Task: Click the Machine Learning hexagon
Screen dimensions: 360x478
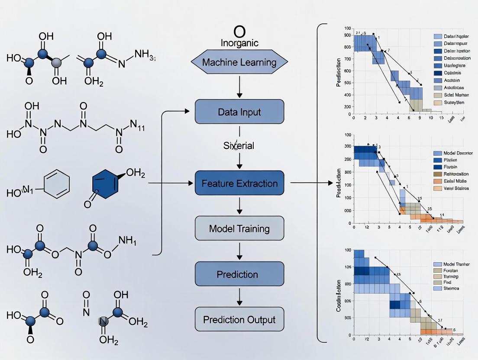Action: click(239, 62)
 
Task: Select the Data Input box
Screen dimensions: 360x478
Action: click(239, 112)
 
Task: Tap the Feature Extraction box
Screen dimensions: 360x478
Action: click(239, 183)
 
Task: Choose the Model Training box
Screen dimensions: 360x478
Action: click(239, 228)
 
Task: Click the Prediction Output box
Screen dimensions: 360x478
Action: click(239, 320)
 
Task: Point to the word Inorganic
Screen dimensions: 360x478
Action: click(239, 43)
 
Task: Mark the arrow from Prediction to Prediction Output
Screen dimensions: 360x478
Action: click(239, 297)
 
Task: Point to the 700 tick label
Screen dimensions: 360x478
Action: click(348, 57)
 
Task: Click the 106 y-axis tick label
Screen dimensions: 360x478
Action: click(348, 267)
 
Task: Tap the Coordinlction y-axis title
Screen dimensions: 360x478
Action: click(339, 296)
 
